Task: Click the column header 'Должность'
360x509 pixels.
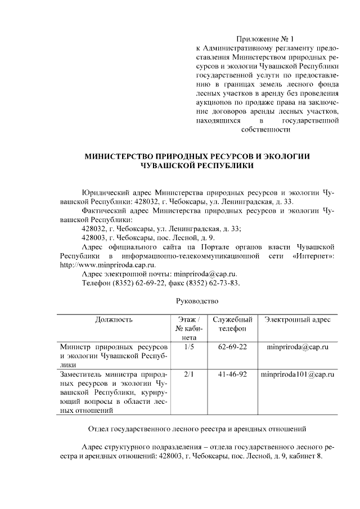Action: click(x=114, y=319)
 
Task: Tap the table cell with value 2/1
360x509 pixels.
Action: click(x=188, y=373)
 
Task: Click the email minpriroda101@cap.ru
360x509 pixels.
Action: click(x=298, y=373)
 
